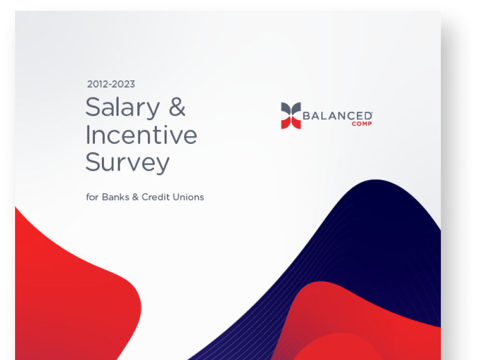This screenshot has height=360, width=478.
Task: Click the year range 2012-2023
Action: tap(111, 84)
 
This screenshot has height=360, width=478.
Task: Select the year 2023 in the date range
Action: tap(124, 84)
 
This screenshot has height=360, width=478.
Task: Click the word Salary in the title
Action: tap(122, 108)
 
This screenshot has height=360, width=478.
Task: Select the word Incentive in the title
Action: tap(141, 134)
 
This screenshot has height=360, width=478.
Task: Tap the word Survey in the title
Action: tap(127, 162)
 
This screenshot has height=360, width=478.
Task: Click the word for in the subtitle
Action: tap(92, 197)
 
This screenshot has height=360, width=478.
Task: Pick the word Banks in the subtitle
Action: tap(115, 197)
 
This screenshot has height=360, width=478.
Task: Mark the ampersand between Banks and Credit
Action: tap(135, 197)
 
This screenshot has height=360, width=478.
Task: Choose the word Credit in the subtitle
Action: tap(156, 197)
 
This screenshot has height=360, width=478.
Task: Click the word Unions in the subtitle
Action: tap(189, 197)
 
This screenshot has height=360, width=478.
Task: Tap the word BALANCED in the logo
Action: tap(337, 116)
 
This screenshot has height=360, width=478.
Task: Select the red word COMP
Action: tap(362, 124)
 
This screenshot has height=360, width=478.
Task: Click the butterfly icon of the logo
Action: tap(291, 115)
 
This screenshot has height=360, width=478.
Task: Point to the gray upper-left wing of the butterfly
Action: tap(286, 108)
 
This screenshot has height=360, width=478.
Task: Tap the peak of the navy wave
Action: tap(376, 180)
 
